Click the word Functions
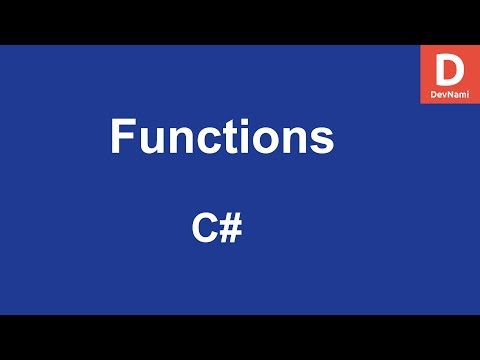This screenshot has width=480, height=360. point(220,137)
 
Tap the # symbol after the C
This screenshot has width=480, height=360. point(230,229)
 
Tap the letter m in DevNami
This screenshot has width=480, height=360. point(461,93)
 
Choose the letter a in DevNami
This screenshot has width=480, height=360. point(454,93)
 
